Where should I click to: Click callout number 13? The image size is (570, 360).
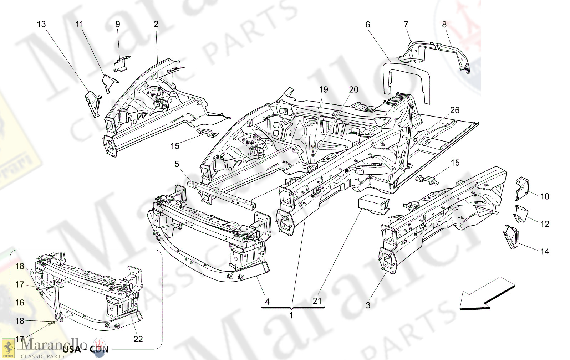coord(41,24)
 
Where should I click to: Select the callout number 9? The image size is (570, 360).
coord(118,24)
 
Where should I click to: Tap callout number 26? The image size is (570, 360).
coord(454,110)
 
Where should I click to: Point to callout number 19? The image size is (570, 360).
coord(323,89)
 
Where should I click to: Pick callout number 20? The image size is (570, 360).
coord(353,89)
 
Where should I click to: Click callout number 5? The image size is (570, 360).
coord(177,164)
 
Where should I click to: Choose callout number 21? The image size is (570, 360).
coord(317,301)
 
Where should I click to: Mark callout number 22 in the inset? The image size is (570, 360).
coord(138,339)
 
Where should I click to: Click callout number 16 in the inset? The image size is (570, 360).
coord(20,303)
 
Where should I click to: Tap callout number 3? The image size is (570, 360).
coord(368,305)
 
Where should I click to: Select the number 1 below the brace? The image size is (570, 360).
coord(291,315)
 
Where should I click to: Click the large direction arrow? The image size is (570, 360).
coord(487,295)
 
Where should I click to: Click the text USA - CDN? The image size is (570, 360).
coord(85,349)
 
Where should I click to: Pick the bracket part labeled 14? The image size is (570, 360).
coord(512,236)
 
